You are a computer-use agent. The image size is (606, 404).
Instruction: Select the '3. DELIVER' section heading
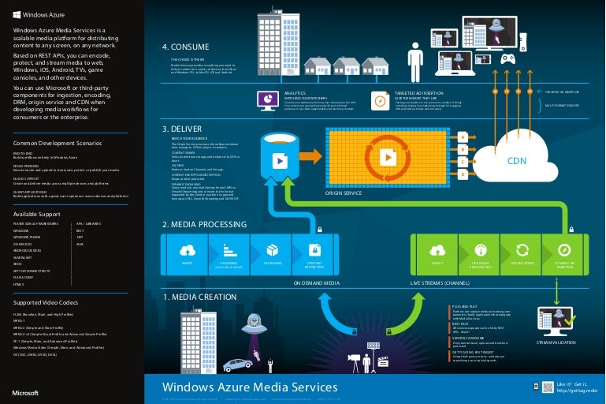click(x=183, y=128)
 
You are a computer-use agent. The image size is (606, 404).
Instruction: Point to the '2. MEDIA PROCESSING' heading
click(x=200, y=224)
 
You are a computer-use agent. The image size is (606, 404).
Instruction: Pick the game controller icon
click(x=510, y=58)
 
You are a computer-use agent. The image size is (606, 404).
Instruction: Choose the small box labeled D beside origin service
click(x=463, y=173)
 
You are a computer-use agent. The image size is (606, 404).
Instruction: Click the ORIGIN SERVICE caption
click(x=344, y=192)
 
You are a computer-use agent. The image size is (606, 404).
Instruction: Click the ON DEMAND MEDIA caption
click(x=317, y=281)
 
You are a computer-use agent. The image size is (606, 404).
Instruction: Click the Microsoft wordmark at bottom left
click(x=26, y=391)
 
